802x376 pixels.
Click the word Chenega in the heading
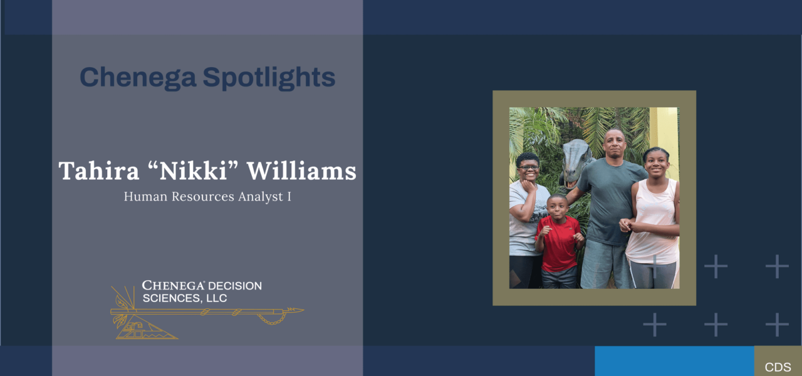click(x=138, y=78)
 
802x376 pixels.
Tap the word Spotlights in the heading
click(x=269, y=78)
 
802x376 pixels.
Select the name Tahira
click(x=99, y=171)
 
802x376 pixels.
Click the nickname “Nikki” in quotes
click(x=193, y=170)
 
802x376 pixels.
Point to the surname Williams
click(x=302, y=170)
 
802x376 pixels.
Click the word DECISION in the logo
click(x=235, y=286)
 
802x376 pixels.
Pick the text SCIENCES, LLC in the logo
click(x=185, y=298)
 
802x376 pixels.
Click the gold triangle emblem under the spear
click(x=147, y=327)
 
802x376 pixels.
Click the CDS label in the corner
click(x=778, y=367)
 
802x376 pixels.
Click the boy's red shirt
click(x=558, y=244)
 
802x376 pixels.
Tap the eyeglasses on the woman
click(x=528, y=167)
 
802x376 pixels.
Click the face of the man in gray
click(x=615, y=145)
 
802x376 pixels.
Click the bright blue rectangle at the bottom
click(x=675, y=361)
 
